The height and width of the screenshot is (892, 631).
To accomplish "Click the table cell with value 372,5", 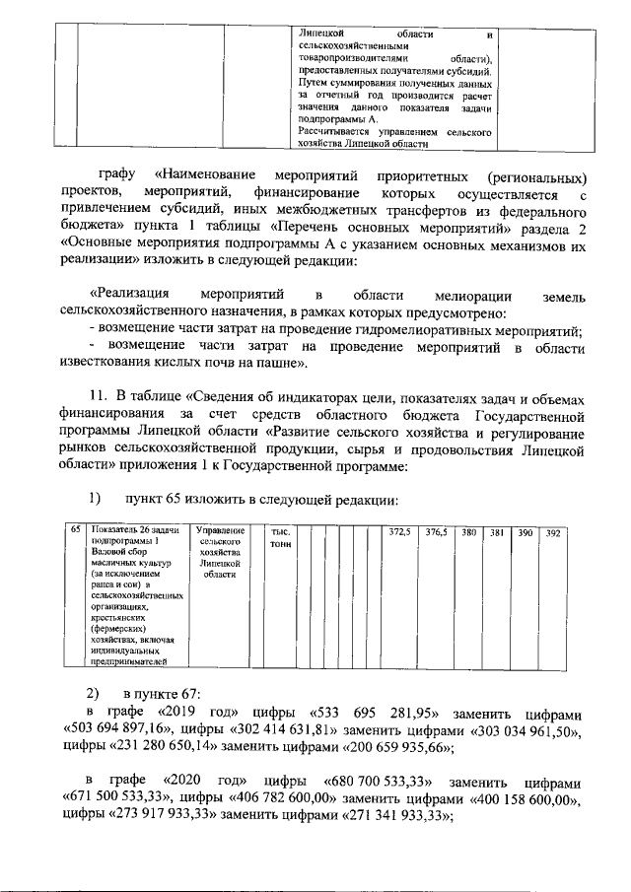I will click(x=399, y=533).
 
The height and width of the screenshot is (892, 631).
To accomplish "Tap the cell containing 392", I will click(x=553, y=533).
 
